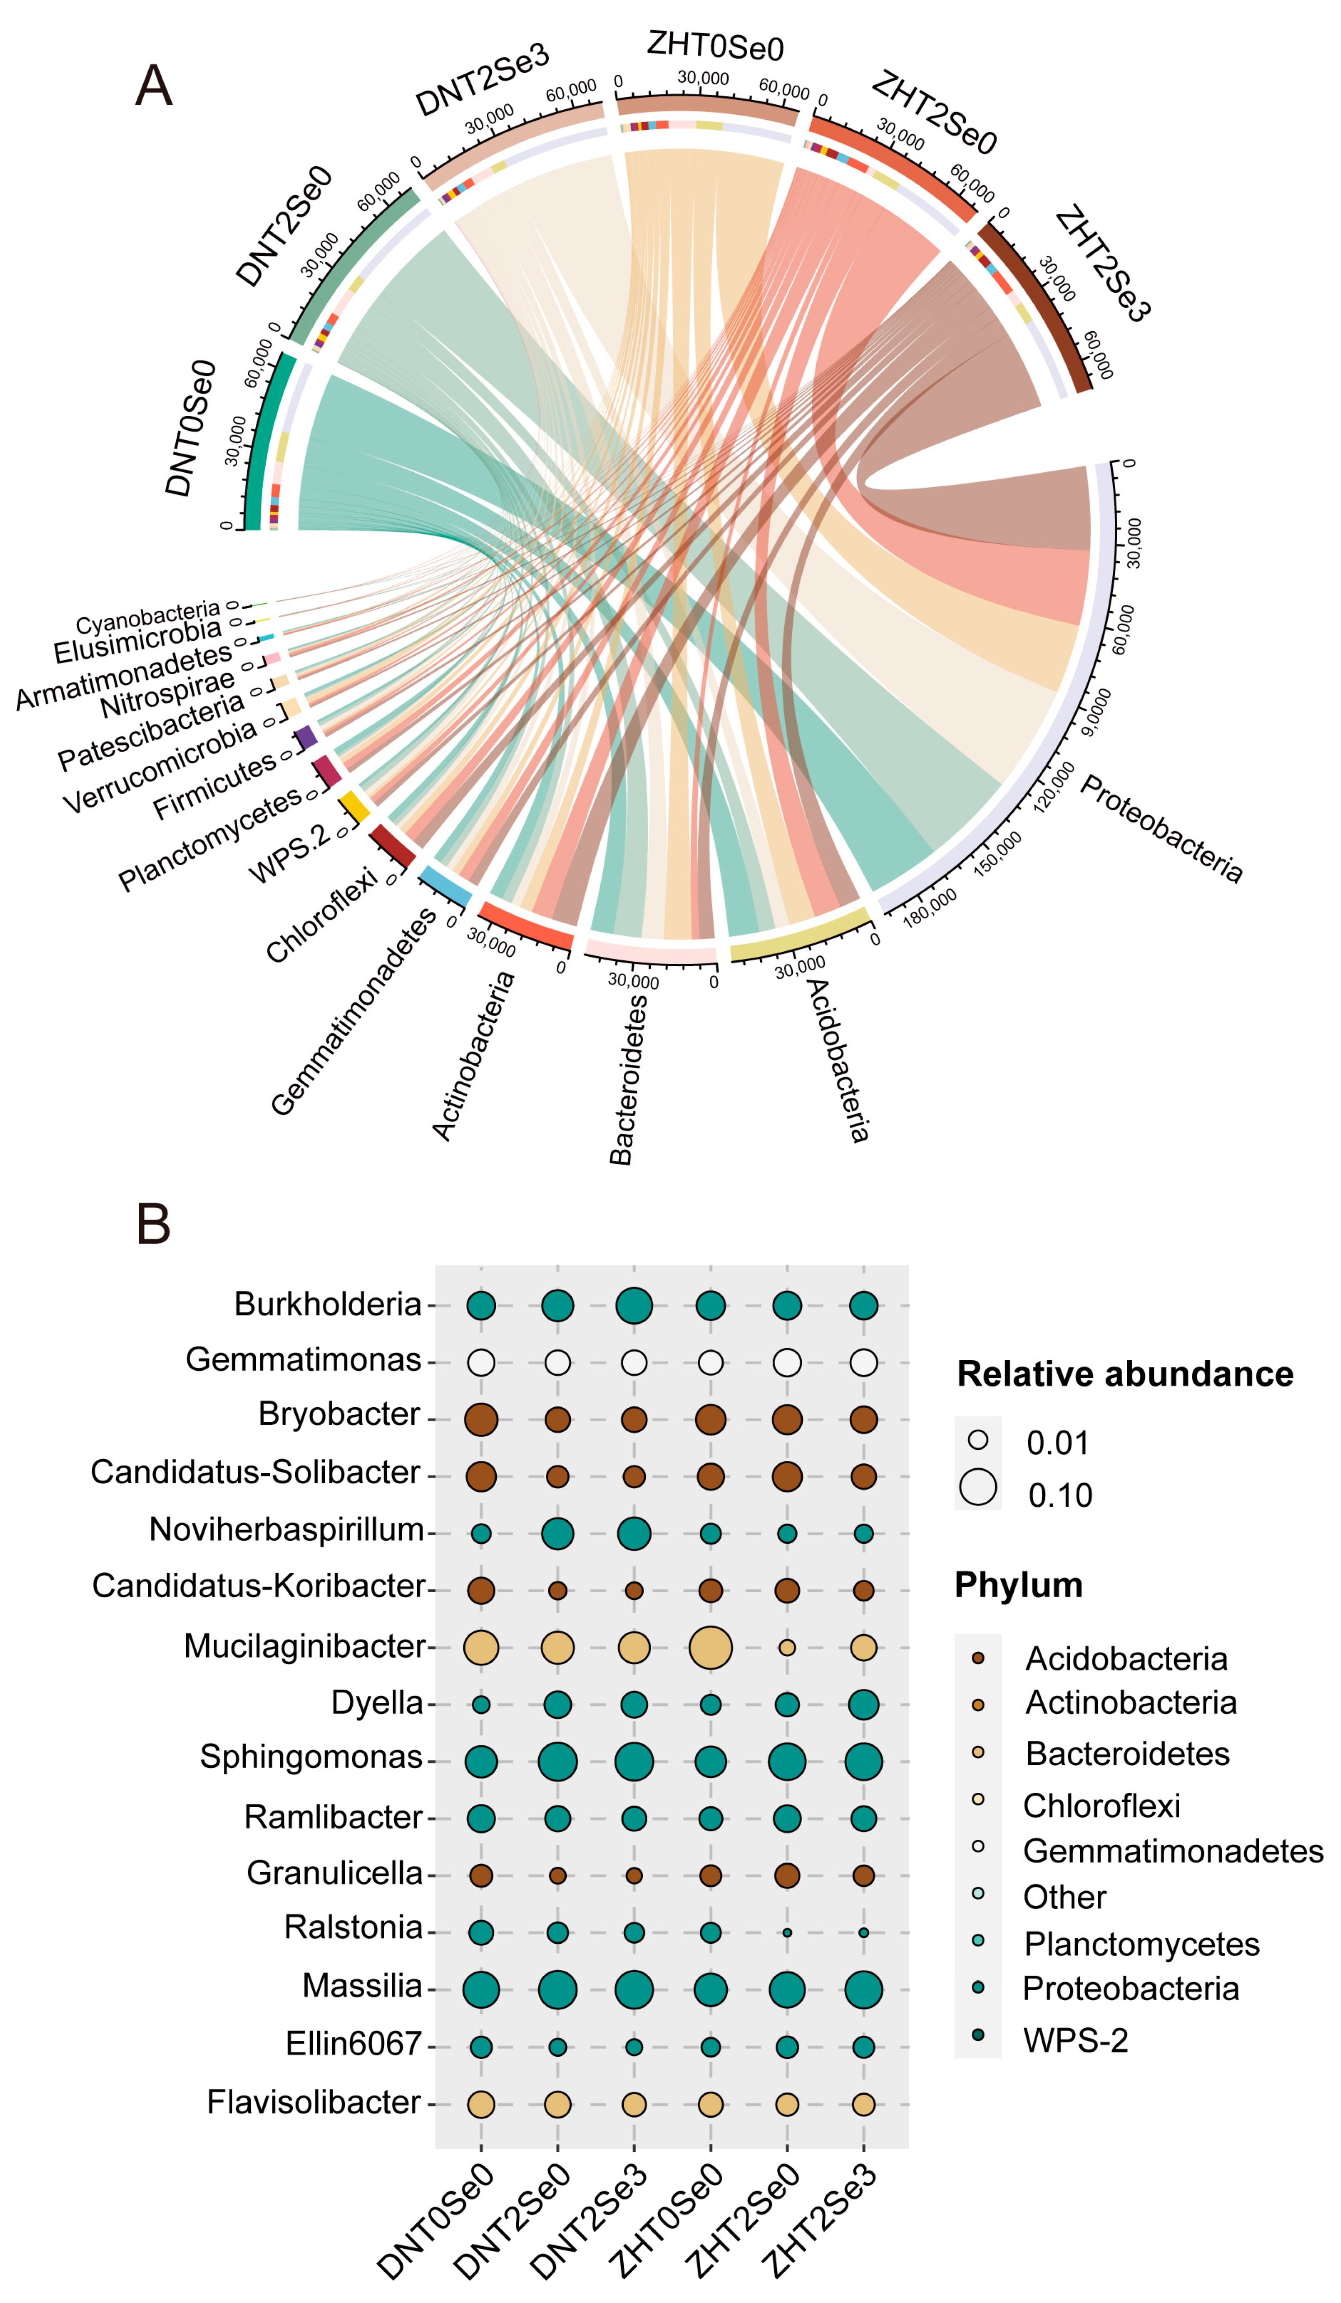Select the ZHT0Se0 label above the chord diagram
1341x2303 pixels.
(x=715, y=46)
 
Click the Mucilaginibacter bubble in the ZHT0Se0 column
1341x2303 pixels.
(x=710, y=1648)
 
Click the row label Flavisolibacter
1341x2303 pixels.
(x=314, y=2102)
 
